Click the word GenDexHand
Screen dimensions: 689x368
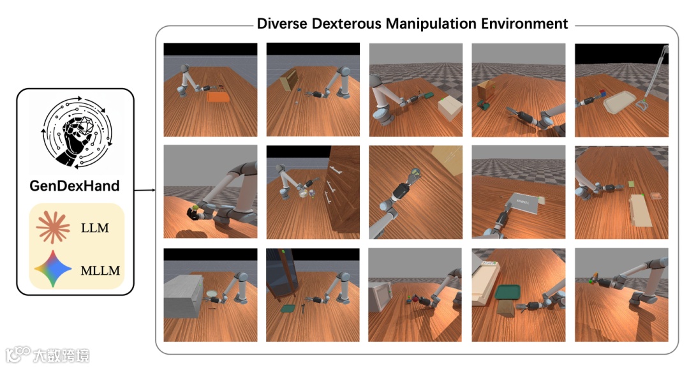tap(74, 186)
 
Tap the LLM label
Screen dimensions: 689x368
tap(94, 228)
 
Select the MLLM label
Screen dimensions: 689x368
tap(100, 270)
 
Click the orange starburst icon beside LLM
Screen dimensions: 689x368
tap(53, 228)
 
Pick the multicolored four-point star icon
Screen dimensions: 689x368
tap(53, 269)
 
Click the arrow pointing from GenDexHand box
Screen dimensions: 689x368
tap(145, 190)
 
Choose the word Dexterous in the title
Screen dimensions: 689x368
tap(346, 23)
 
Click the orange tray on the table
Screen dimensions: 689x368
tap(218, 97)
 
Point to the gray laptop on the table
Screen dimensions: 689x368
tap(522, 203)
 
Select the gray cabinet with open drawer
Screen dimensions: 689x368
tap(184, 295)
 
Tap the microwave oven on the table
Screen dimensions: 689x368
tap(380, 297)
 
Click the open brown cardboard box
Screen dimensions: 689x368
tap(486, 91)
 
